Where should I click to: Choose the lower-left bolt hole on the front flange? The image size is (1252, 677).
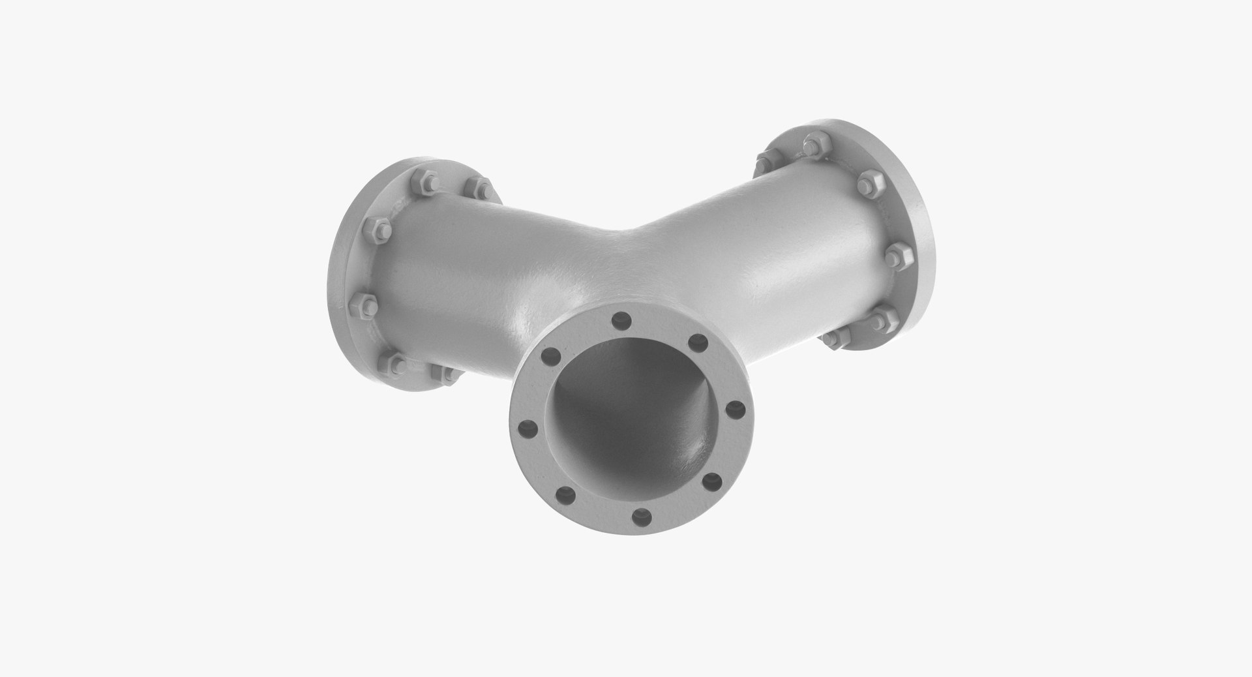click(x=567, y=494)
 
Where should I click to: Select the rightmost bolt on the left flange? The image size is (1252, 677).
click(x=483, y=188)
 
